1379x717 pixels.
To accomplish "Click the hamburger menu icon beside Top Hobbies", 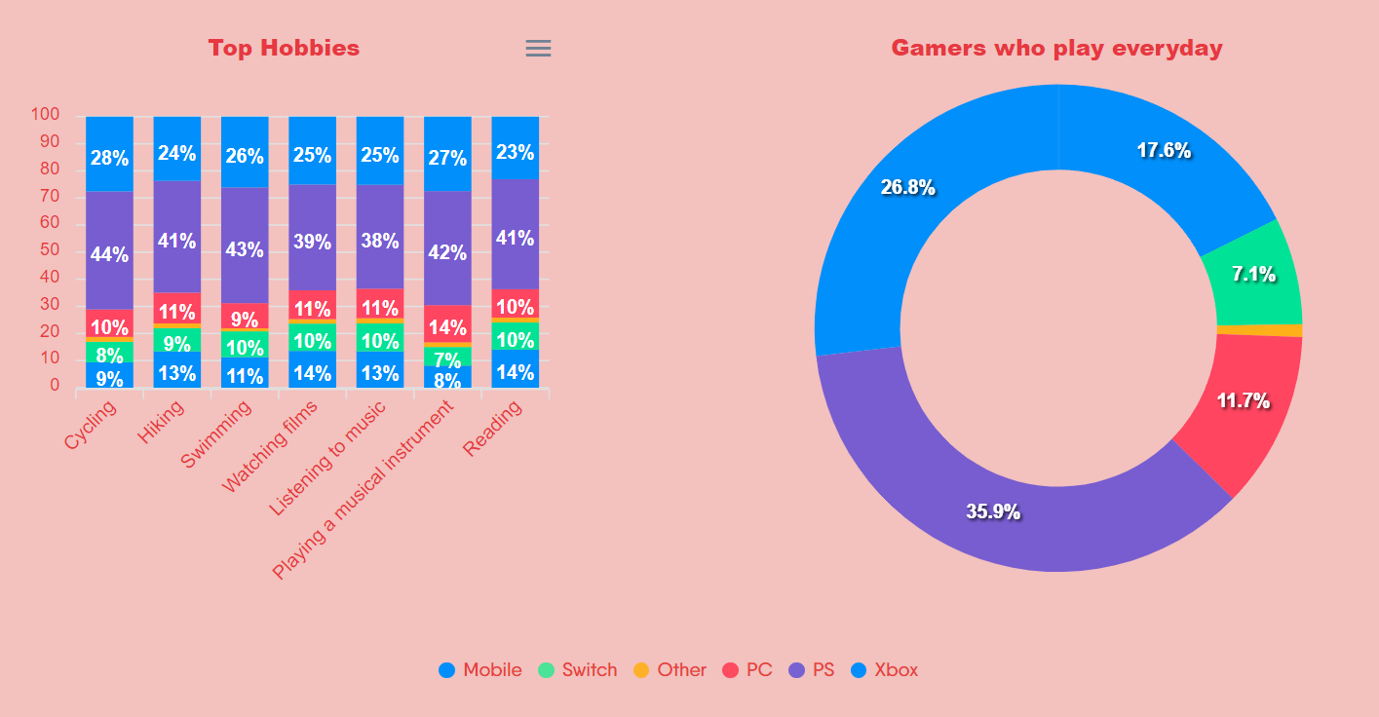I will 538,49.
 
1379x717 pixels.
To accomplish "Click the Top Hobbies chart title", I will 284,48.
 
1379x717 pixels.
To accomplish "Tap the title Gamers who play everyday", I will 1056,48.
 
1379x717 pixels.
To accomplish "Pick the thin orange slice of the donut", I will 1259,330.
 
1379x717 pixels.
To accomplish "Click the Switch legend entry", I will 578,670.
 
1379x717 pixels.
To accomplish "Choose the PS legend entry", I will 812,670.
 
